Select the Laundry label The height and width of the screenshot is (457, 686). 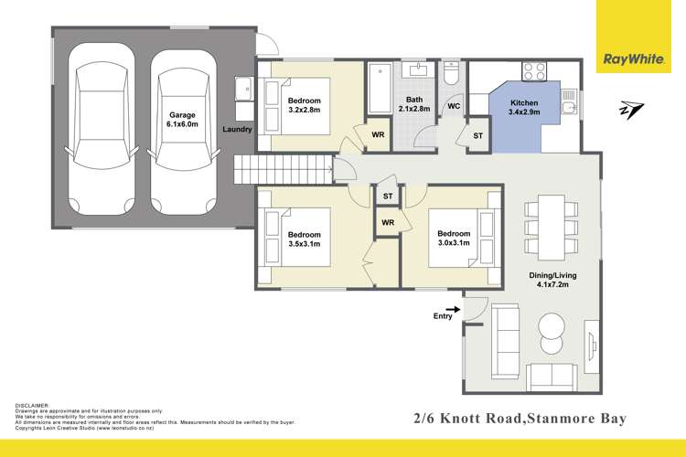238,130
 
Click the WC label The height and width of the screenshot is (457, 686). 452,107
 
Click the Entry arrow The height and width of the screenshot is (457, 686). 452,311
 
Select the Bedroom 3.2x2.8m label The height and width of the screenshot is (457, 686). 305,105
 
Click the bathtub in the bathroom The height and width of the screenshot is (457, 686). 379,88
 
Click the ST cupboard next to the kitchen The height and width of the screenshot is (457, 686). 477,136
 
